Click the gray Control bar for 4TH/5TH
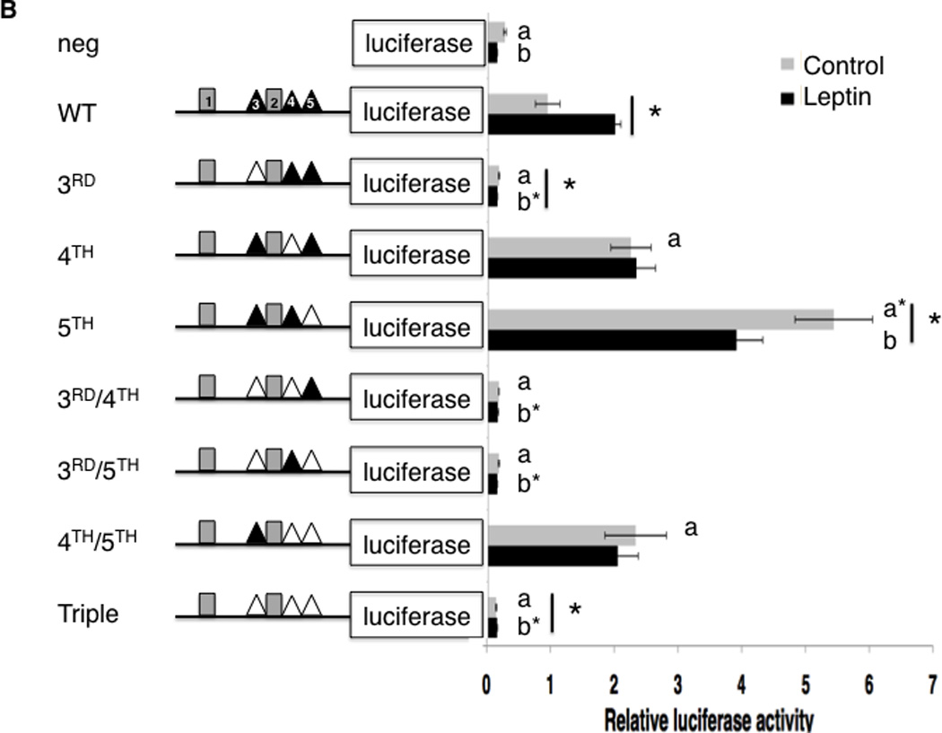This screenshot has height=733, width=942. [562, 535]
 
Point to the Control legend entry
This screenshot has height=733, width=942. [830, 65]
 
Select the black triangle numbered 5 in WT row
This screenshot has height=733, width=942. [310, 100]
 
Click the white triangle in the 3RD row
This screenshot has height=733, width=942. [256, 172]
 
